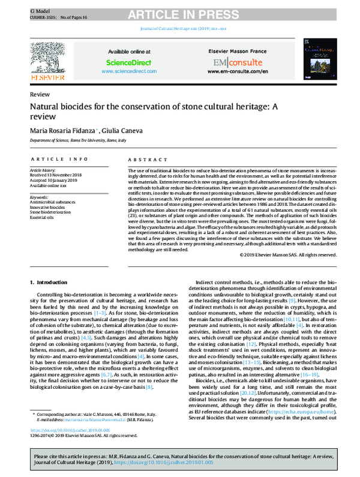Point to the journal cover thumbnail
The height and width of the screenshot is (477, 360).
coord(316,59)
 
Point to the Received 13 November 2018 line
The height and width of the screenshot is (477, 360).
coord(58,175)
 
